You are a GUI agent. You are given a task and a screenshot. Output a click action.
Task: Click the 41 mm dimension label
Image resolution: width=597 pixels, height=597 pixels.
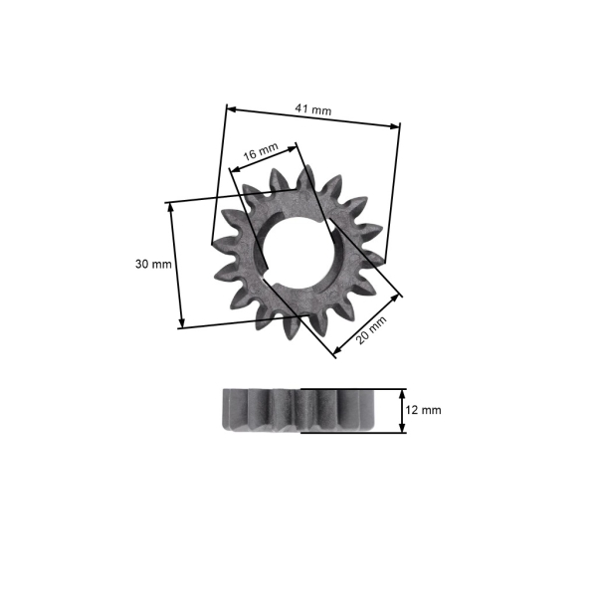(314, 110)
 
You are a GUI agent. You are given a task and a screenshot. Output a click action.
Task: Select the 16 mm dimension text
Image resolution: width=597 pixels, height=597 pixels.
(261, 152)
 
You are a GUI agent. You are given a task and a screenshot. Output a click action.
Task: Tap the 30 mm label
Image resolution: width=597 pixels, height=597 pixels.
(153, 264)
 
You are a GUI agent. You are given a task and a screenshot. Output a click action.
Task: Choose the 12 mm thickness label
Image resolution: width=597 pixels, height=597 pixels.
(425, 410)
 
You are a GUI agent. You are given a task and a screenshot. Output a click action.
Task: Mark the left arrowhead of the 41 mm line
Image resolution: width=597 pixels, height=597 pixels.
(231, 106)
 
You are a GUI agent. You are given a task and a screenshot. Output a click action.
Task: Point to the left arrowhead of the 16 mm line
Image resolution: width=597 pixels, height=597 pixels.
(234, 168)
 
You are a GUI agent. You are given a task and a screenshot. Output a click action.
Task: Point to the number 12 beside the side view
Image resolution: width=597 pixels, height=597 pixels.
(416, 410)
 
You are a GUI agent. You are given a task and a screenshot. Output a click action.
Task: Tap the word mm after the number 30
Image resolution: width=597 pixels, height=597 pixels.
(162, 264)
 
